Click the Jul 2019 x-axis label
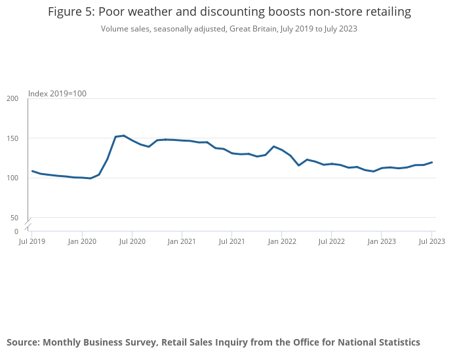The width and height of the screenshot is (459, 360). (x=32, y=241)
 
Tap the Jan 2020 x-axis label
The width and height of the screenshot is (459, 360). (x=82, y=241)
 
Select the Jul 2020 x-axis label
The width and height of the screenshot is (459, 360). (x=132, y=241)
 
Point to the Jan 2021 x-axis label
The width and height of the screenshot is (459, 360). (x=182, y=241)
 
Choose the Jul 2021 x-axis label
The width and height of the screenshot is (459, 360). (x=231, y=241)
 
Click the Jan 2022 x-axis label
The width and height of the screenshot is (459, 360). (x=281, y=241)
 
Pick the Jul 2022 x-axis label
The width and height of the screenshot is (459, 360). (x=331, y=241)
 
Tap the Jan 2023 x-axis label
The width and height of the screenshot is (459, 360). (x=381, y=241)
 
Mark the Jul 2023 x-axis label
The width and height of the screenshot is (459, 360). (x=431, y=241)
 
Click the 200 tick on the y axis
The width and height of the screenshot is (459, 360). (x=12, y=98)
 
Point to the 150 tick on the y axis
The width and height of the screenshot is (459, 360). (x=12, y=138)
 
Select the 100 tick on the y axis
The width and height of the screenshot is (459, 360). (x=12, y=178)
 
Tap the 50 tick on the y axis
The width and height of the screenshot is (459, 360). (x=14, y=218)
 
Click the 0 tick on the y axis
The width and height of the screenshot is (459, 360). (x=16, y=231)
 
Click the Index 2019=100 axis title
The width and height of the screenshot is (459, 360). (x=58, y=94)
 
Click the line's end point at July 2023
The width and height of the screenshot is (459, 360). (x=431, y=162)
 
